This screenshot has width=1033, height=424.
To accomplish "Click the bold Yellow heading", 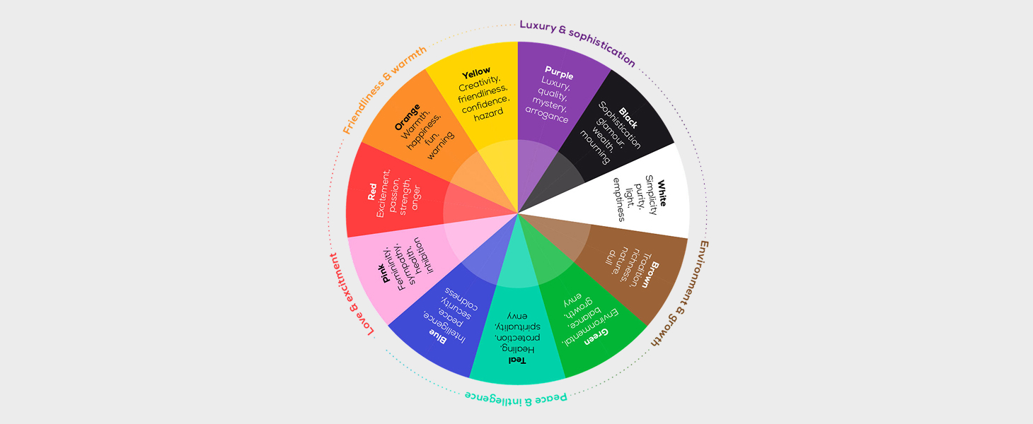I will pos(476,72).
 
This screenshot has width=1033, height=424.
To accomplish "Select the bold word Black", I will pos(628,117).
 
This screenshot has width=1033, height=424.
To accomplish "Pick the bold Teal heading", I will pos(518,360).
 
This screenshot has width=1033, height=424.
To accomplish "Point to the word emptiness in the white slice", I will pos(618,199).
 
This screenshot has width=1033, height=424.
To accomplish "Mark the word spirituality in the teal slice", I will pos(517,326).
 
